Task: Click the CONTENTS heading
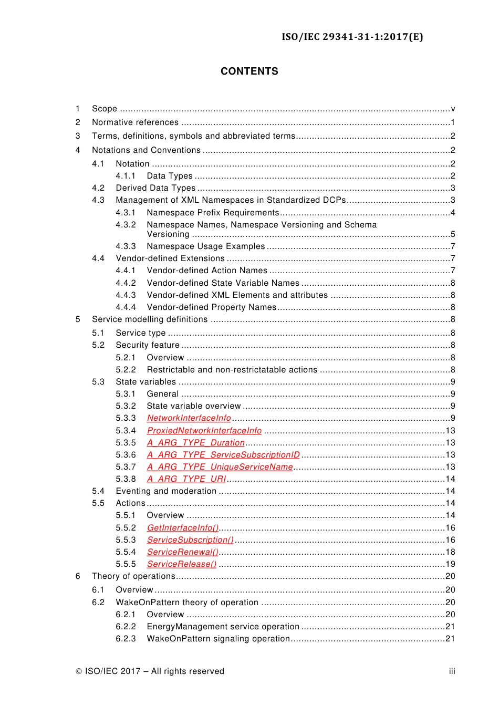(249, 71)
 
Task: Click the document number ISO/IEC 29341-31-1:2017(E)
(352, 37)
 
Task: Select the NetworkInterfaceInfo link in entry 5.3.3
(189, 418)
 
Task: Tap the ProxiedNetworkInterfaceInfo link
(204, 431)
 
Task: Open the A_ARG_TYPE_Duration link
(195, 443)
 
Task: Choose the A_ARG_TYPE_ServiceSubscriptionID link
(223, 455)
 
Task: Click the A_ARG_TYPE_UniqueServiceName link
(220, 467)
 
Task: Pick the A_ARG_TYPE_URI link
(186, 479)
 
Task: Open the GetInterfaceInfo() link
(182, 528)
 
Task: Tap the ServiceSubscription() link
(190, 540)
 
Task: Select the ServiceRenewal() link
(182, 552)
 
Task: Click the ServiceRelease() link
(181, 564)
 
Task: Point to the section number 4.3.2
(126, 225)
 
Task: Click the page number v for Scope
(453, 109)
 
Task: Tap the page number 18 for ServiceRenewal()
(450, 552)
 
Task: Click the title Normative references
(135, 122)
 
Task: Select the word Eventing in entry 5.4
(133, 491)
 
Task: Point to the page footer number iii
(452, 671)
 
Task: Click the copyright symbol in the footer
(79, 671)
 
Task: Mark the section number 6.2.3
(126, 639)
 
